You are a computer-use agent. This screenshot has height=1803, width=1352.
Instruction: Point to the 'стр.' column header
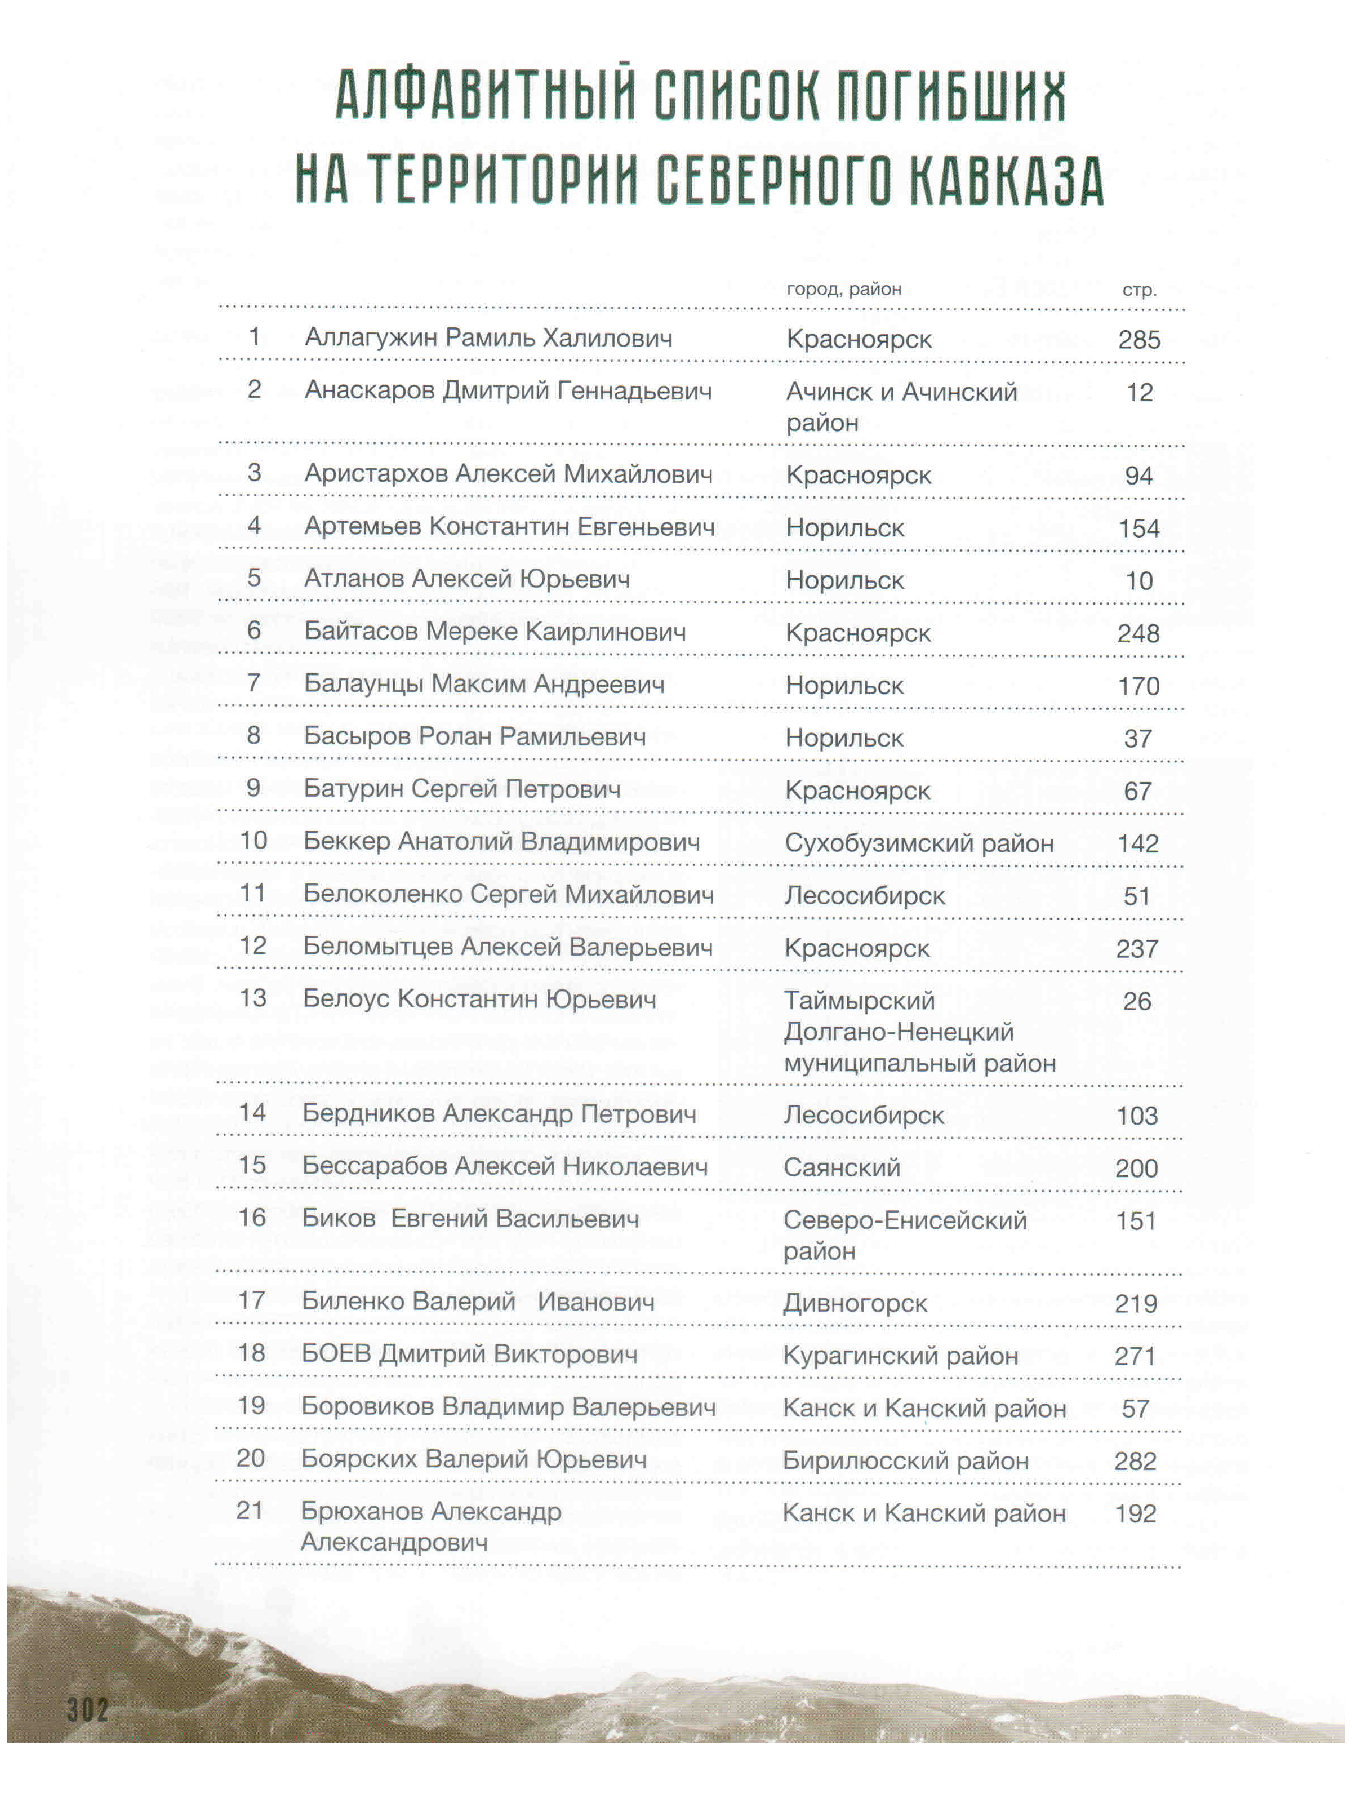(1138, 290)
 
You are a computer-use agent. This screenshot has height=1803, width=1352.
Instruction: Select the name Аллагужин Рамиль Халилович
(488, 337)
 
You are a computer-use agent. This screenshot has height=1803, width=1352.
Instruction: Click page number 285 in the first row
(1138, 339)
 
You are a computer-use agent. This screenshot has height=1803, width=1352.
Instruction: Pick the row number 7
(253, 682)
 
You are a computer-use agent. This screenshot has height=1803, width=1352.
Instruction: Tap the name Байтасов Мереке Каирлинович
(495, 631)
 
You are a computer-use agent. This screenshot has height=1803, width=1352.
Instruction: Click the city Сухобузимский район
(918, 843)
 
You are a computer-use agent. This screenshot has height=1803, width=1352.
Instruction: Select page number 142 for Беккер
(1138, 843)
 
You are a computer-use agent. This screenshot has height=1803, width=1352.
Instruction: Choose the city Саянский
(842, 1167)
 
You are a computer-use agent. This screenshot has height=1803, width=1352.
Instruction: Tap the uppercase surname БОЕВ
(336, 1354)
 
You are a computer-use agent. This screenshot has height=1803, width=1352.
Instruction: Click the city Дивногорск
(855, 1303)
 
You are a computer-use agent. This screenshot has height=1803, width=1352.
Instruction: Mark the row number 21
(250, 1511)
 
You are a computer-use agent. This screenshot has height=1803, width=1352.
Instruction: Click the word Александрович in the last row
(394, 1542)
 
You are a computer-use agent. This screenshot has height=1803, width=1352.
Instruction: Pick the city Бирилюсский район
(905, 1460)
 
